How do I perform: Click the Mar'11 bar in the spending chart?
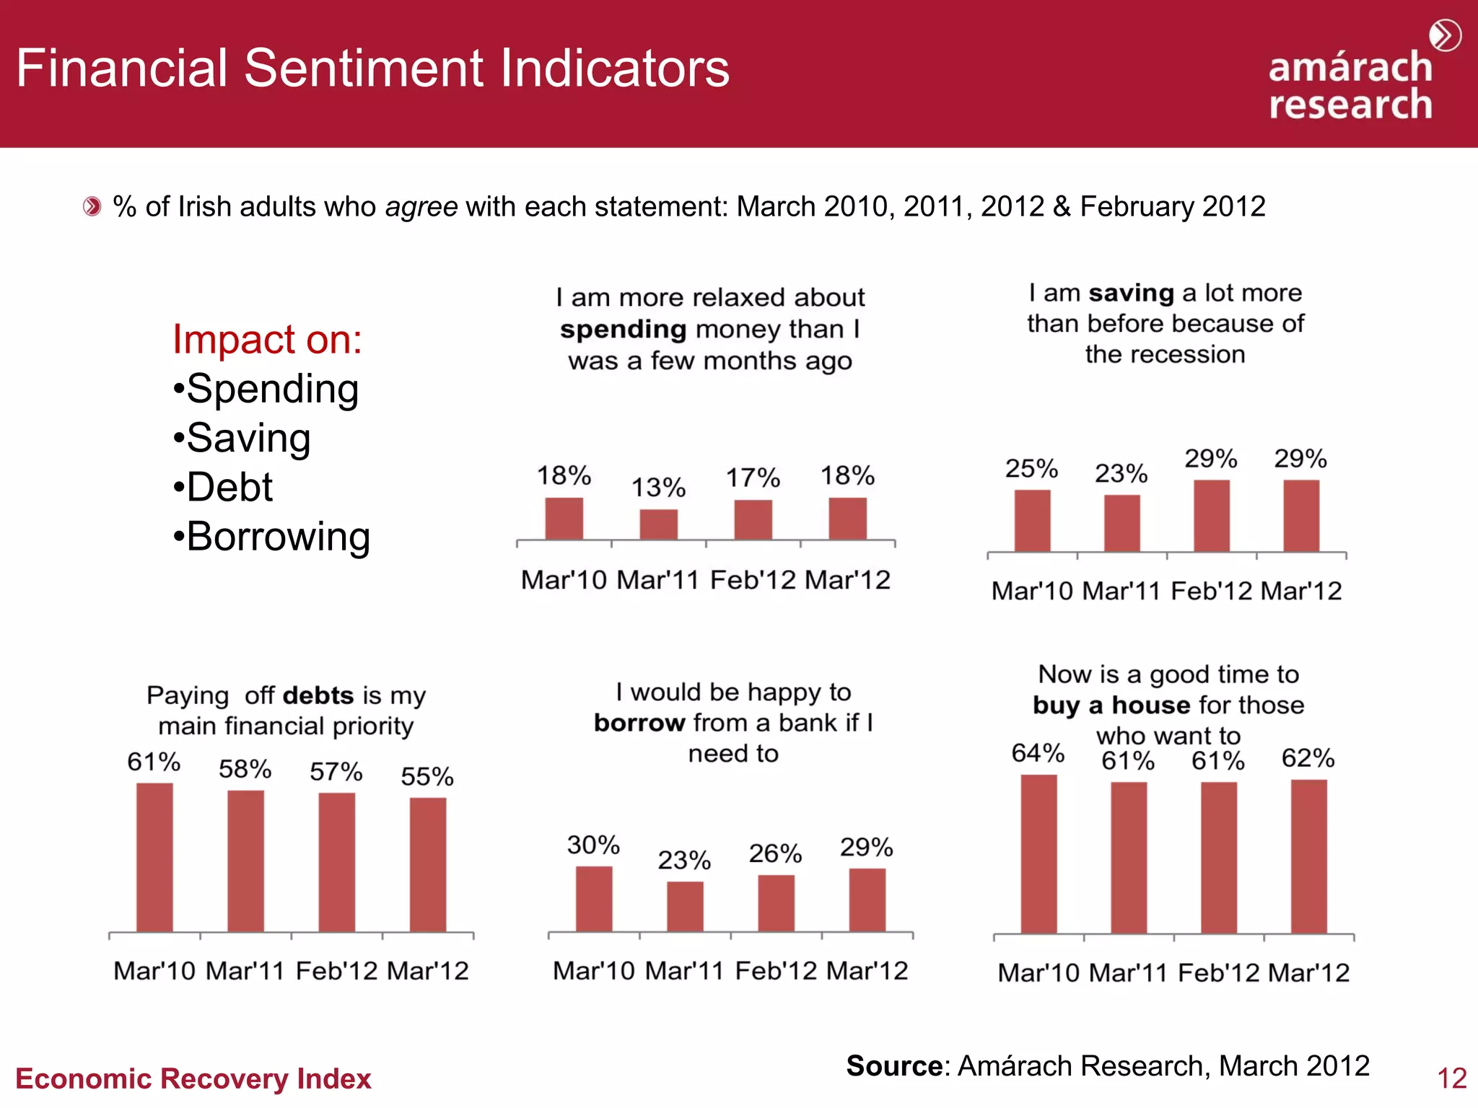point(658,524)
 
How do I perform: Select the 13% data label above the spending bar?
point(658,488)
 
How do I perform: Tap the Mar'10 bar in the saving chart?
point(1032,520)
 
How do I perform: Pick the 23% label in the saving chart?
point(1121,473)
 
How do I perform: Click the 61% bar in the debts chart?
point(154,857)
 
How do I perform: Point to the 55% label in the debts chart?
point(427,776)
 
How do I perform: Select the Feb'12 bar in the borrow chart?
point(776,902)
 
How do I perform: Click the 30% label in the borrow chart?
point(593,845)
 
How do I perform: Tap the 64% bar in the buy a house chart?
point(1038,854)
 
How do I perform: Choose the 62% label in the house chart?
point(1308,758)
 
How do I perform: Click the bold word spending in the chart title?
point(624,329)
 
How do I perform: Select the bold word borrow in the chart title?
point(639,723)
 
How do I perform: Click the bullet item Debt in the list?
point(229,487)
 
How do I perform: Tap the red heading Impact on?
point(267,339)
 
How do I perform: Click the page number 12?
point(1451,1078)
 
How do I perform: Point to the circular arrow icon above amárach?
point(1445,35)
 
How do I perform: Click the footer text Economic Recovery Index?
point(193,1078)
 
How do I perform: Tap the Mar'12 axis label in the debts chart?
point(428,971)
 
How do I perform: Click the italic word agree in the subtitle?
point(421,207)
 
